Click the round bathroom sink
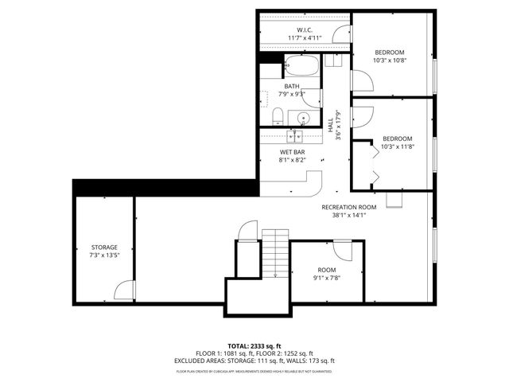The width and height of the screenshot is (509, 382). pyautogui.click(x=303, y=119)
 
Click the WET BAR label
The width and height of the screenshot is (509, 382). pyautogui.click(x=292, y=151)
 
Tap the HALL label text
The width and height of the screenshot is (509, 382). pyautogui.click(x=330, y=126)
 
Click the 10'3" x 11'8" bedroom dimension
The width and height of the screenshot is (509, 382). pyautogui.click(x=398, y=146)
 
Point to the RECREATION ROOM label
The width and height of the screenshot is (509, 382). pyautogui.click(x=348, y=207)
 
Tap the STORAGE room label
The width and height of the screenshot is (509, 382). pyautogui.click(x=103, y=248)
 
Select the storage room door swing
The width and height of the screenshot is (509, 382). pyautogui.click(x=124, y=290)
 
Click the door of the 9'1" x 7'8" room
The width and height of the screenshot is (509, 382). pyautogui.click(x=344, y=250)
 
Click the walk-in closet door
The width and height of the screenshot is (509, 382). pyautogui.click(x=341, y=33)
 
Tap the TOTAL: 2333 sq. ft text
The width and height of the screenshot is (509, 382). pyautogui.click(x=254, y=346)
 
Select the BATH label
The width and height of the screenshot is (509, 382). pyautogui.click(x=292, y=86)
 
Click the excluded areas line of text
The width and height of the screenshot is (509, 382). pyautogui.click(x=254, y=361)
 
